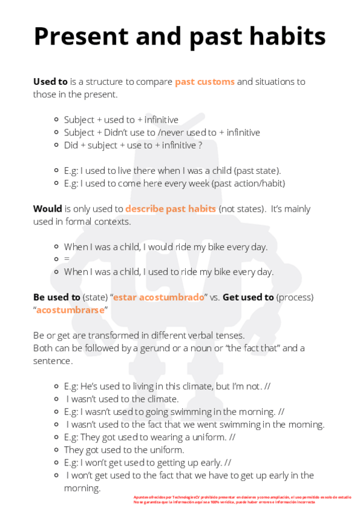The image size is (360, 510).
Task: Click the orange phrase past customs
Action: (x=204, y=82)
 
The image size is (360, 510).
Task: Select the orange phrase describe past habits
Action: (x=171, y=209)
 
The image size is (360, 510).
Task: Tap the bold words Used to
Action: (x=50, y=82)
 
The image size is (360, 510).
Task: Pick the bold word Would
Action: (x=47, y=209)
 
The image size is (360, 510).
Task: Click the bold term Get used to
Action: (x=248, y=297)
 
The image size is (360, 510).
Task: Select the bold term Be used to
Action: (x=56, y=297)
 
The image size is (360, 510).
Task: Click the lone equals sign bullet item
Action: (x=67, y=259)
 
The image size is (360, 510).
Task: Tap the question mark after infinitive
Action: (x=200, y=145)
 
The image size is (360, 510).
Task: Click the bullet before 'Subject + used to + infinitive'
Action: (x=56, y=120)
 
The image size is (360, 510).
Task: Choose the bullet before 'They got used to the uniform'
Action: (x=56, y=449)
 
